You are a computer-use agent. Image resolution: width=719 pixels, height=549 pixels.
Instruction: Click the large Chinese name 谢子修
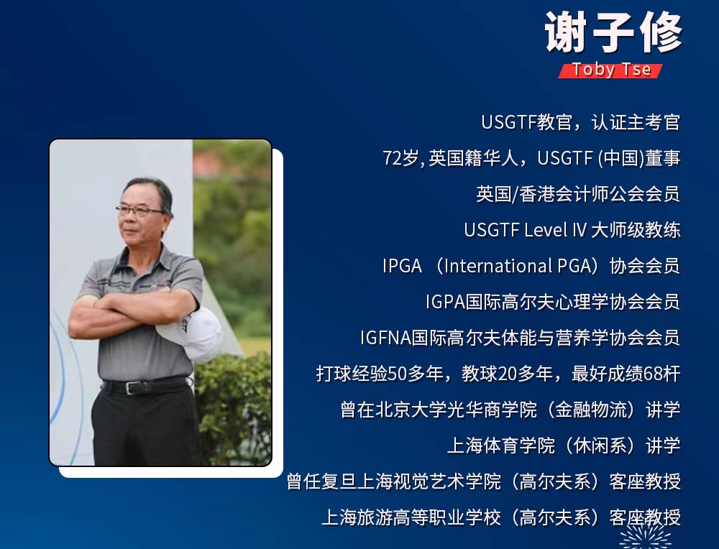point(613,33)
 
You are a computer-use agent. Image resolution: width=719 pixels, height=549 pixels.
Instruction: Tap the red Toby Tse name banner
point(610,70)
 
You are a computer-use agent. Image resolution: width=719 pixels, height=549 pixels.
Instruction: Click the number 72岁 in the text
point(400,158)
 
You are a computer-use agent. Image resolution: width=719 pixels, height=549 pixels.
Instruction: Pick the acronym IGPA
point(445,302)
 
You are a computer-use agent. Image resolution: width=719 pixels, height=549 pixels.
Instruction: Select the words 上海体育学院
point(500,446)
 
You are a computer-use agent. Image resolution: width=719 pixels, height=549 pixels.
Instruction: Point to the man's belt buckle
point(132,388)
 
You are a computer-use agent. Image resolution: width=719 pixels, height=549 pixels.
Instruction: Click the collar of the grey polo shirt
point(141,262)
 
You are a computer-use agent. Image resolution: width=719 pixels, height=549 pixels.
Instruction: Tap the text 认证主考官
point(636,122)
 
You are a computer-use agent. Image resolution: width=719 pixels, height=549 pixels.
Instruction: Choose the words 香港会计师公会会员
point(600,194)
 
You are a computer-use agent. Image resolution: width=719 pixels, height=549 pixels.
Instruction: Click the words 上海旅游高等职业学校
point(411,517)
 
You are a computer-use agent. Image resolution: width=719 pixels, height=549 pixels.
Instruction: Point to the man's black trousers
point(146,426)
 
